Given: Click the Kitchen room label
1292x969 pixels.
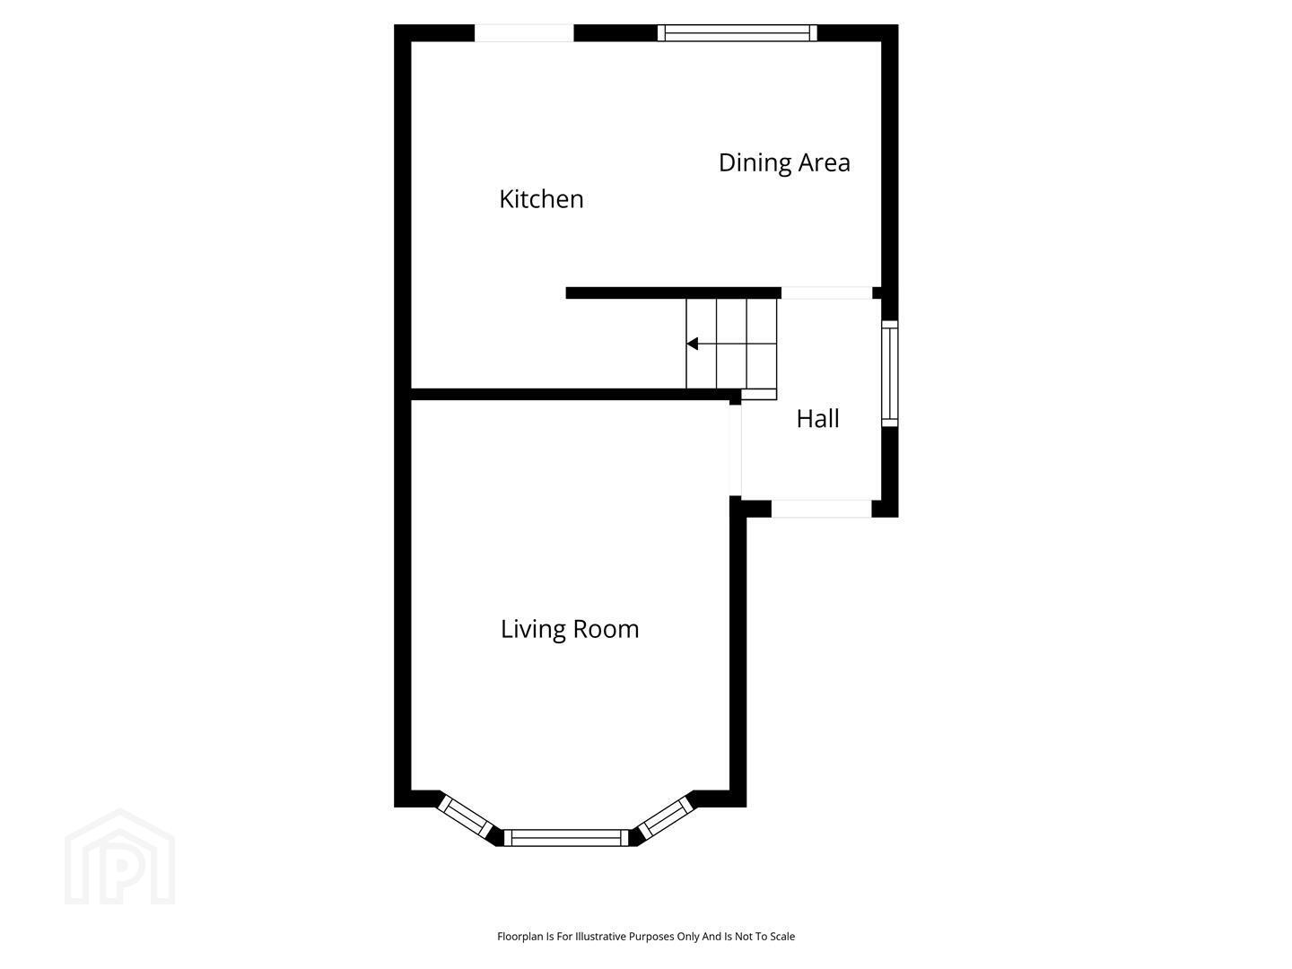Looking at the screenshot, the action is click(541, 199).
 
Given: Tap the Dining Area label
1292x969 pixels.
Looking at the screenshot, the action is click(784, 163).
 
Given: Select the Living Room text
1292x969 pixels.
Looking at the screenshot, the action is click(570, 630).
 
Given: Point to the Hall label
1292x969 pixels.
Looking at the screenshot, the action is click(817, 419).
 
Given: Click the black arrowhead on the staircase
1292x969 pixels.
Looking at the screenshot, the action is click(692, 344).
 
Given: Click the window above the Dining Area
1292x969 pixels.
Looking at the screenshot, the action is click(737, 33).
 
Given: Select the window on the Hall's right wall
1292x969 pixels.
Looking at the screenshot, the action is click(889, 373).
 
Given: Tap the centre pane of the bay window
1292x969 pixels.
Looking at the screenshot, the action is click(566, 837).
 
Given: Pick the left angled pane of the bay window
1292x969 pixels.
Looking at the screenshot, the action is click(465, 816).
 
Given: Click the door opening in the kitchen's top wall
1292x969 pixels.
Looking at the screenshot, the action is click(524, 33).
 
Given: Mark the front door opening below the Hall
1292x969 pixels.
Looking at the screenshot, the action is click(821, 509).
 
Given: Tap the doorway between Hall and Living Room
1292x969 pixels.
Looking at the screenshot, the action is click(735, 450).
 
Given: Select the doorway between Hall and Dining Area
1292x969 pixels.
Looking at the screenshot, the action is click(826, 293).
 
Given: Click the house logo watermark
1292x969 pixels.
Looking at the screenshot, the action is click(119, 857).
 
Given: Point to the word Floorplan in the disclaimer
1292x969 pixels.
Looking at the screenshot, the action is click(519, 937).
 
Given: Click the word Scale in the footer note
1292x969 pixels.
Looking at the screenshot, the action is click(782, 936).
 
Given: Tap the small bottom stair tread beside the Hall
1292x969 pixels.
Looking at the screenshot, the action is click(759, 394).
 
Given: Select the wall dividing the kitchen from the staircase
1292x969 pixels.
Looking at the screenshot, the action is click(674, 293).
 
